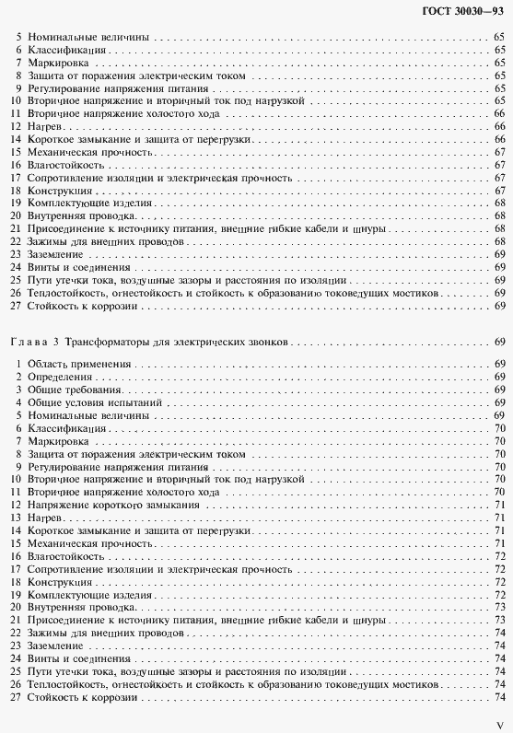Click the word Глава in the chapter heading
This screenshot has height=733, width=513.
click(x=25, y=341)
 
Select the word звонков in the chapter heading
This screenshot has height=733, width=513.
click(x=269, y=341)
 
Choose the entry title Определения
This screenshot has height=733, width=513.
click(x=60, y=378)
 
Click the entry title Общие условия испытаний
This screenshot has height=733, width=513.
click(x=94, y=403)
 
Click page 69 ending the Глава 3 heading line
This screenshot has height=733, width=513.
click(x=497, y=341)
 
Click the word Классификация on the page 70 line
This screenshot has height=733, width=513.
click(x=64, y=429)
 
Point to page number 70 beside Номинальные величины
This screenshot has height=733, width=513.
click(x=497, y=416)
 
